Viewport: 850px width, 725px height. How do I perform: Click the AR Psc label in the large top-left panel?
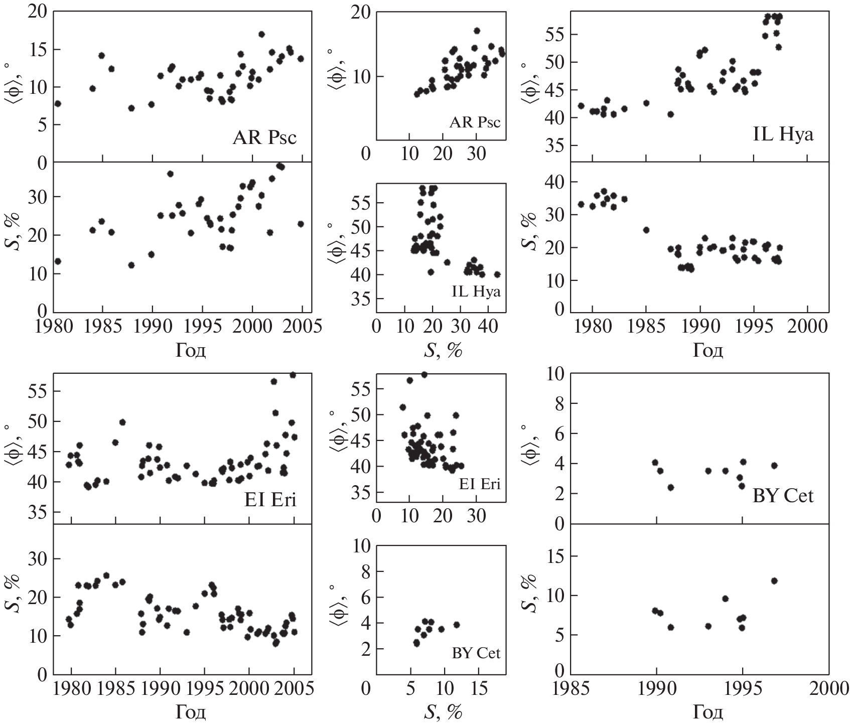[264, 137]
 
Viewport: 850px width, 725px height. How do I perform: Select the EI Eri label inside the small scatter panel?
[479, 484]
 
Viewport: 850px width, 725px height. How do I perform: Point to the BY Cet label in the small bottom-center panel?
[476, 653]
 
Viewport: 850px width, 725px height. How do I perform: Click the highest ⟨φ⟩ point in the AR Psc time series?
[261, 34]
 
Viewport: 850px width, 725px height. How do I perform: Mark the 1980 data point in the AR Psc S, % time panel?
[58, 261]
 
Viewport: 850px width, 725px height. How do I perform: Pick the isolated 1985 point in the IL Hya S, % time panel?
[646, 230]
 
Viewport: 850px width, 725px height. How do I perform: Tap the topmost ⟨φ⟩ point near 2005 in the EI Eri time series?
[293, 375]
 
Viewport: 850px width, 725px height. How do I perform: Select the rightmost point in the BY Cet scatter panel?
[457, 625]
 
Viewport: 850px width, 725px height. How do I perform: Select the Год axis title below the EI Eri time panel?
[191, 712]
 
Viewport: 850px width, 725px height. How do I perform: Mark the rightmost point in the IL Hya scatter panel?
[497, 274]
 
